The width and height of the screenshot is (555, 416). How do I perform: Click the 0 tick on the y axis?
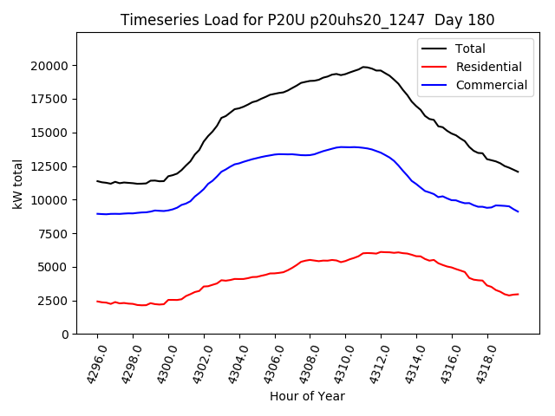[65, 335]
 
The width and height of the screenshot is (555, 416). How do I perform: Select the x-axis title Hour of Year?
[307, 396]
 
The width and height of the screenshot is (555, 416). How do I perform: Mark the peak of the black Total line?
[364, 67]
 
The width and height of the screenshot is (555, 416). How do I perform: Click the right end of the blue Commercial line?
[518, 211]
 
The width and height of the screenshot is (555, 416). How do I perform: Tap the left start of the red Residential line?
[97, 301]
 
